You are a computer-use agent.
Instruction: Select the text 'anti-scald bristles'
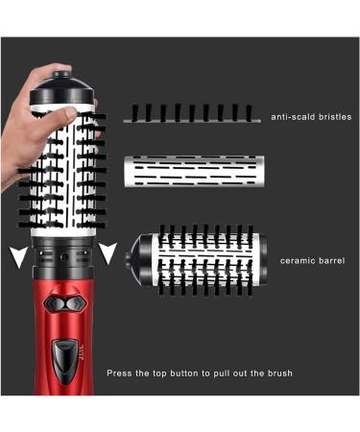[311, 117]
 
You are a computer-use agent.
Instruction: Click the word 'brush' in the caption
[278, 372]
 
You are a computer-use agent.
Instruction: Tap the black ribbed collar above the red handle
[65, 255]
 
